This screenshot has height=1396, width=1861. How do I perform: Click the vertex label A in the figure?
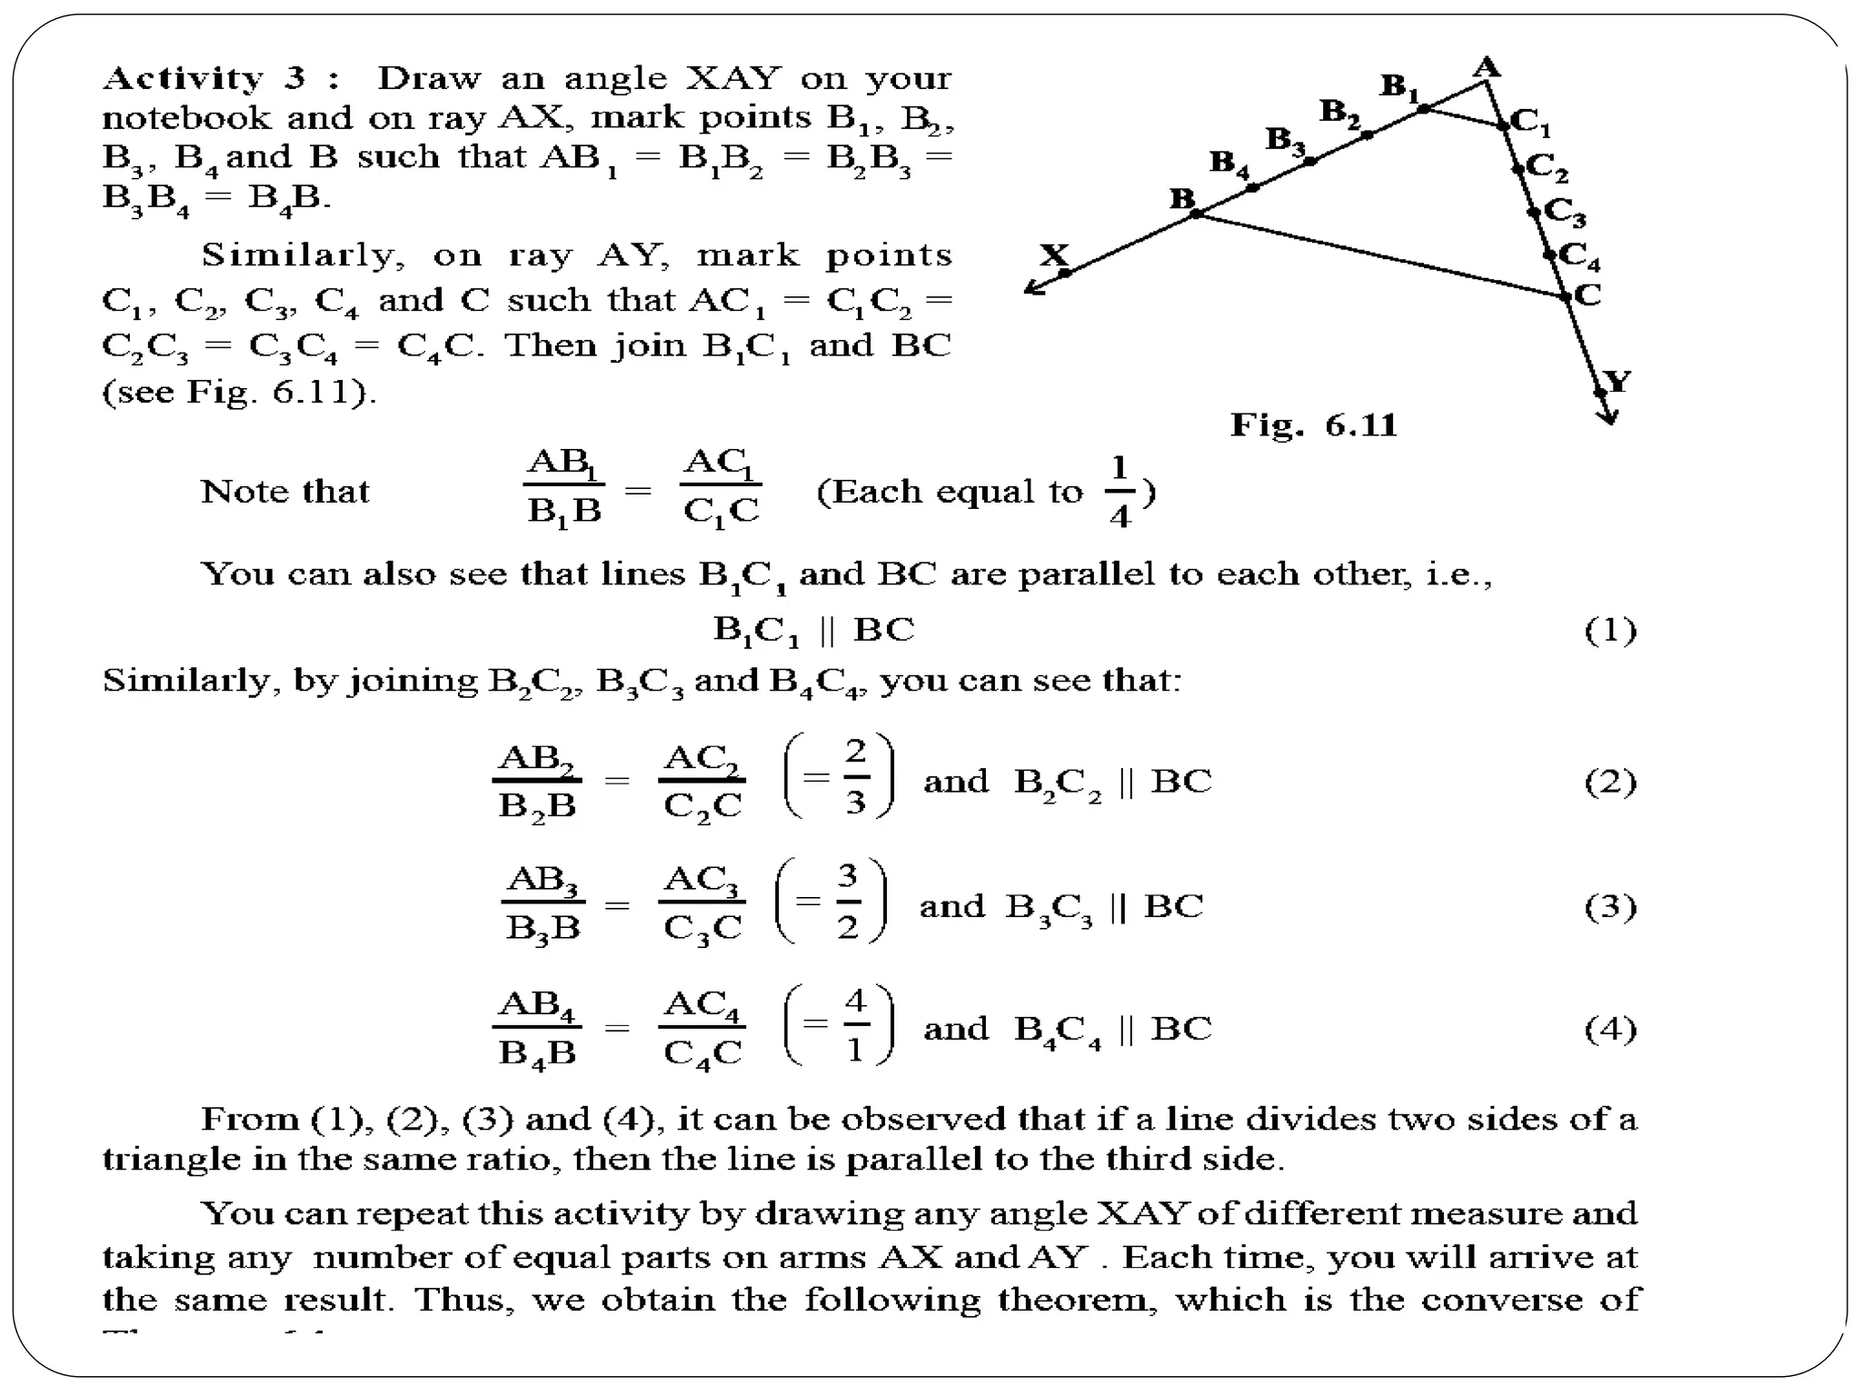1486,65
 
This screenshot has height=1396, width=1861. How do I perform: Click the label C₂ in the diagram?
1548,167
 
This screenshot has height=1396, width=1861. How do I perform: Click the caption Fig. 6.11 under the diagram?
1313,425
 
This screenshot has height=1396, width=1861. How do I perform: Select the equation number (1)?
1610,630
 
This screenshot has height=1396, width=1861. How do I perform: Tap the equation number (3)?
1610,906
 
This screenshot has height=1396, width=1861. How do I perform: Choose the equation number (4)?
1610,1029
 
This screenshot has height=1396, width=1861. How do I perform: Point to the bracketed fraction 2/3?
855,777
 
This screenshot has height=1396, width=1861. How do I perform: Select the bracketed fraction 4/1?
855,1026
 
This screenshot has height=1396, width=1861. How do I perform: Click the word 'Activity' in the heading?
183,79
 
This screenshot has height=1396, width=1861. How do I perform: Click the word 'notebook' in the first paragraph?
186,118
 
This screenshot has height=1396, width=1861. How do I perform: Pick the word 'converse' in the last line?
1490,1299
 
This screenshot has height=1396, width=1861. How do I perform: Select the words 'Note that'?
284,492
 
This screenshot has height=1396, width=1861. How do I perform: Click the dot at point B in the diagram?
1197,214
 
